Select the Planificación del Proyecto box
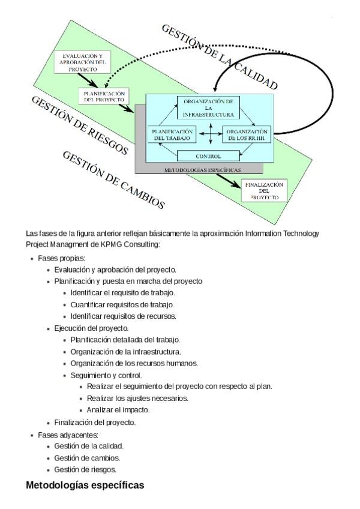104,96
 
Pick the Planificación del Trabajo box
173,134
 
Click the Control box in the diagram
208,156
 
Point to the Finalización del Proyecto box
264,190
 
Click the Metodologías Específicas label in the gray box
199,170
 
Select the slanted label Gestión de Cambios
113,179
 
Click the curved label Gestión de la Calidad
220,57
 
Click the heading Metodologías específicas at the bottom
85,485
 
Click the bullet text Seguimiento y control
106,375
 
